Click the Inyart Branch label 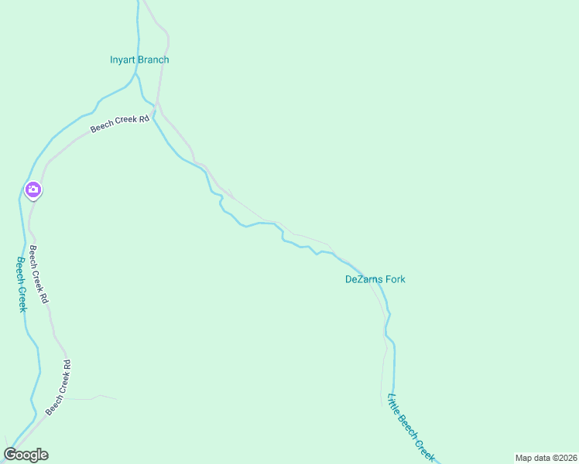point(139,60)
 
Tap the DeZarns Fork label point(375,279)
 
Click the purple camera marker point(33,189)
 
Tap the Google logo point(26,455)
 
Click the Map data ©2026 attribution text point(545,458)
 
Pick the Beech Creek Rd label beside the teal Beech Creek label point(39,274)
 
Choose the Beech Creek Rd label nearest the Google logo point(58,387)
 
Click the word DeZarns point(364,279)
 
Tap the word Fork point(395,279)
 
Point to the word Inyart point(123,60)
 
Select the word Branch point(153,60)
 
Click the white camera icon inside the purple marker point(33,188)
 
